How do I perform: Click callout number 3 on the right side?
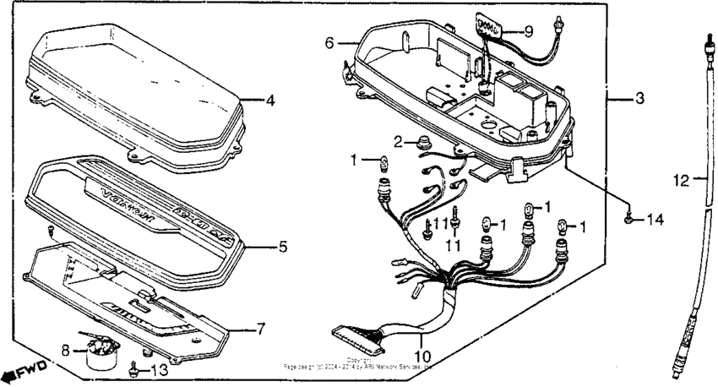pyautogui.click(x=639, y=99)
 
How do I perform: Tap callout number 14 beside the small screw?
pyautogui.click(x=656, y=220)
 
